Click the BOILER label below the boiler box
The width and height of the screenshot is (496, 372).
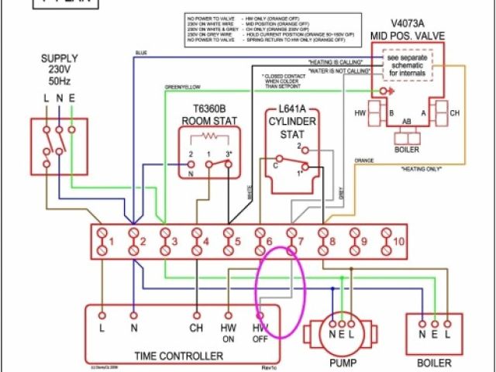(433, 361)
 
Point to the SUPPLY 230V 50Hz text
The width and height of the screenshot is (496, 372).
(59, 70)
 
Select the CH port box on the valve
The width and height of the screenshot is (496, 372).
(446, 114)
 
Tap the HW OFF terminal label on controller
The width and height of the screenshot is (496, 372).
(260, 333)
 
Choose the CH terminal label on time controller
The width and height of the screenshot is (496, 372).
(196, 328)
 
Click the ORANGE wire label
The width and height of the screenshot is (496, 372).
(364, 161)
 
